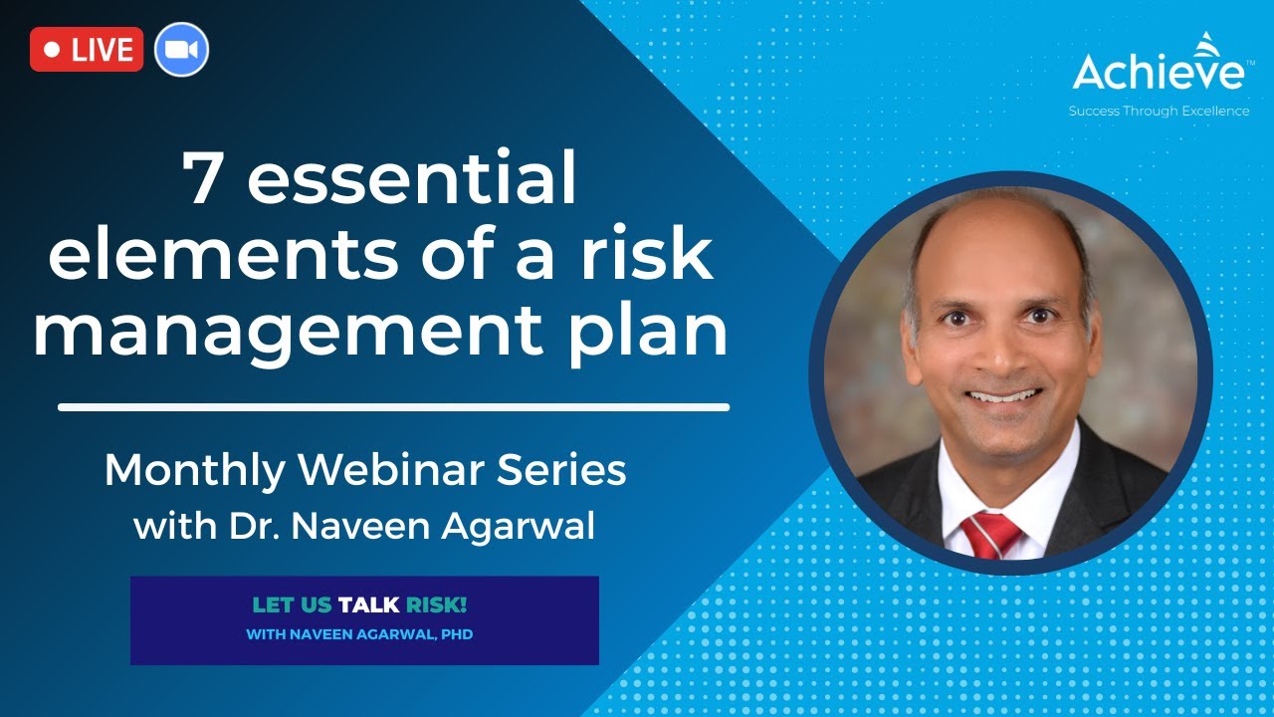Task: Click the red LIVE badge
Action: [87, 50]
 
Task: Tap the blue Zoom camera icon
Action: [181, 50]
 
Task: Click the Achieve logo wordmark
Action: [1158, 72]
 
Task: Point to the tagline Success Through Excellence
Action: [1159, 112]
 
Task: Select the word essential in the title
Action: [412, 181]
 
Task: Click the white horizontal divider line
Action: [393, 406]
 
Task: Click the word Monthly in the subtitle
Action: [195, 470]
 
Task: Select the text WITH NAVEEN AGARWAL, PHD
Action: [359, 634]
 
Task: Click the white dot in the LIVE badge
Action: [54, 50]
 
